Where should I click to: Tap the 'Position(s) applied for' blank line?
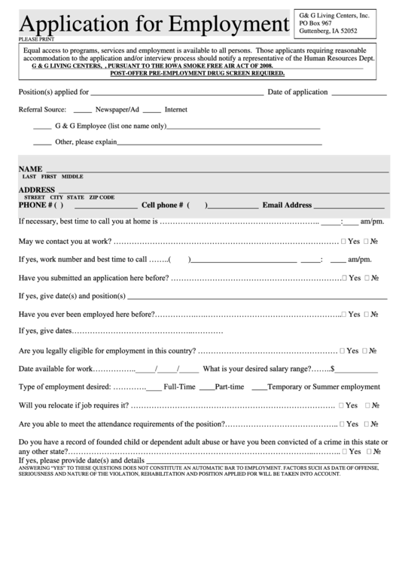177,94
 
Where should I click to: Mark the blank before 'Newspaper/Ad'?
83,111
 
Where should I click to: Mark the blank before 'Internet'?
151,111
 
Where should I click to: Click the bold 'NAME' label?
30,169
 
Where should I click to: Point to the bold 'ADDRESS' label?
37,190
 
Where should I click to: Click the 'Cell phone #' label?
162,205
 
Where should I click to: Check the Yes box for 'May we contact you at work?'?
343,242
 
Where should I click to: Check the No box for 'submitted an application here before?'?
367,278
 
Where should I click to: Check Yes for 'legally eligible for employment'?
343,351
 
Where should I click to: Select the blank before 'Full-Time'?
153,388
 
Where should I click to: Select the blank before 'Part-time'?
206,388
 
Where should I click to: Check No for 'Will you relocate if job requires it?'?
367,406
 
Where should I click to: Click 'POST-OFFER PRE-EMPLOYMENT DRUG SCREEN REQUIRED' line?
197,73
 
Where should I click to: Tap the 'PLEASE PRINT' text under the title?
36,37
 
